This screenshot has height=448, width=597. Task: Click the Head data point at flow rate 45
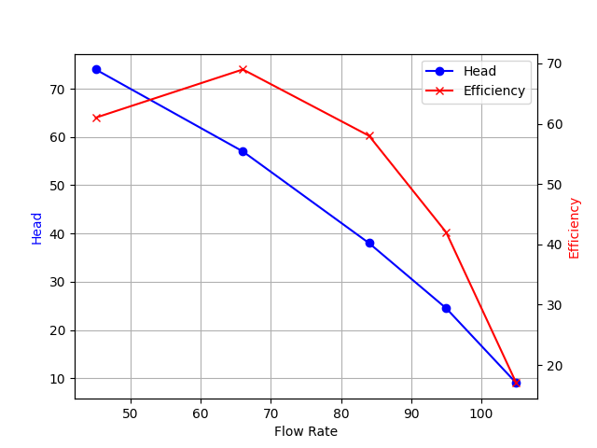point(96,69)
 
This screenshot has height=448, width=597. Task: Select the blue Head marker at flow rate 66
point(243,151)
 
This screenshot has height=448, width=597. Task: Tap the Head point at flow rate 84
point(369,243)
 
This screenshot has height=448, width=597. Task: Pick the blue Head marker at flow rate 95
point(446,308)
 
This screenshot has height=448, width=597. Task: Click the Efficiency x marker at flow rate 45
point(96,118)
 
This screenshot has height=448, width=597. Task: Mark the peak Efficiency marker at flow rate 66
point(243,69)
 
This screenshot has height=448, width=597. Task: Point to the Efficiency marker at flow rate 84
point(369,135)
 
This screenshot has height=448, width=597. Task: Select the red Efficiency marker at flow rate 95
point(446,232)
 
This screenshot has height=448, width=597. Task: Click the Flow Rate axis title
point(306,431)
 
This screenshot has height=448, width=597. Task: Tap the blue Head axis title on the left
point(37,228)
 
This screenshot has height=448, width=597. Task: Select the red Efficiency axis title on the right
point(575,228)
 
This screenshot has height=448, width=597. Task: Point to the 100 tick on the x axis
point(481,413)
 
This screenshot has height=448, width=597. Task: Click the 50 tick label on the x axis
point(131,413)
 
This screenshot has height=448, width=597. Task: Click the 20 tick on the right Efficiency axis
point(552,366)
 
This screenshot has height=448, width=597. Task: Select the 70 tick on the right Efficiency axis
point(552,63)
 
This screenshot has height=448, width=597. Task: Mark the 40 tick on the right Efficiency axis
point(552,245)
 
